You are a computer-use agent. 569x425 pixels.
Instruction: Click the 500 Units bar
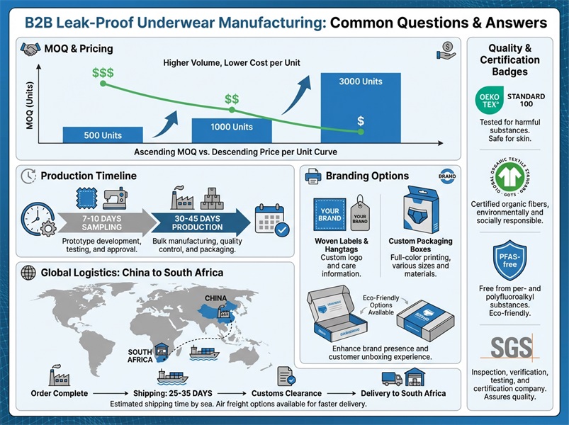coord(102,135)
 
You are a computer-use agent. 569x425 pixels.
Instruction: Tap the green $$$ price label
coord(103,73)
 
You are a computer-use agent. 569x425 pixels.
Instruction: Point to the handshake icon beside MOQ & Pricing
coord(30,50)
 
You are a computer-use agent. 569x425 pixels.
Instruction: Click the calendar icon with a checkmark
coord(271,220)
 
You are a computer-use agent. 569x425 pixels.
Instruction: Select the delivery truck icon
coord(391,378)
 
